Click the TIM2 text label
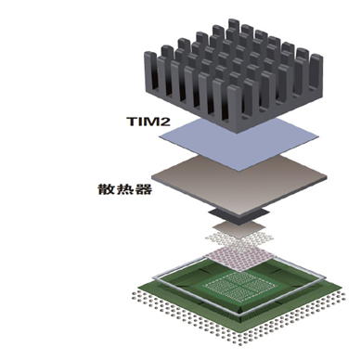click(x=148, y=122)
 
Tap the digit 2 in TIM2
click(x=165, y=122)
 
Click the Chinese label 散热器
click(x=125, y=189)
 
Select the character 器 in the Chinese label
click(x=144, y=189)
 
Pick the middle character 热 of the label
click(x=125, y=189)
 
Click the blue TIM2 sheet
click(x=239, y=144)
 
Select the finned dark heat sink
click(x=234, y=76)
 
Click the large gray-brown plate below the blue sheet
click(x=239, y=186)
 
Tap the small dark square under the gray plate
click(x=239, y=216)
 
